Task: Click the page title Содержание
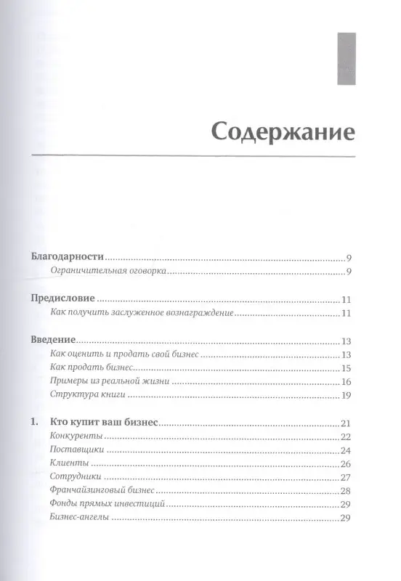click(283, 134)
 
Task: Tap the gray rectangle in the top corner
click(344, 57)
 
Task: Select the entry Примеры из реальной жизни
click(110, 382)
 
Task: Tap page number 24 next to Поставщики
click(346, 450)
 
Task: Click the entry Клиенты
click(71, 463)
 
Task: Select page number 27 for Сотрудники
click(346, 477)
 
